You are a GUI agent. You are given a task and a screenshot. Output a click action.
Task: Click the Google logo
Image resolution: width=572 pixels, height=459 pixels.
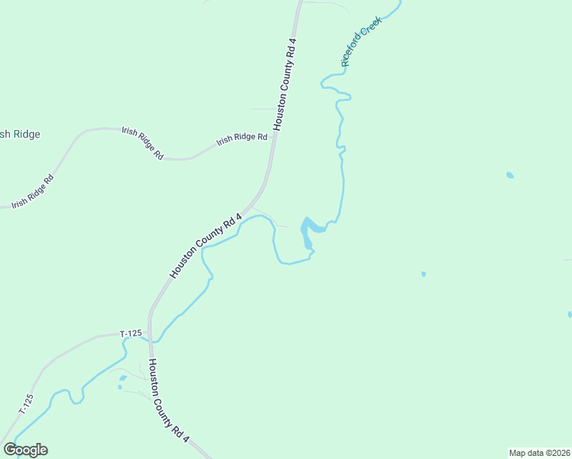25,450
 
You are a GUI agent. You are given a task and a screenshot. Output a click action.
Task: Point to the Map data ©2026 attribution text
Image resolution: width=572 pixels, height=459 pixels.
540,452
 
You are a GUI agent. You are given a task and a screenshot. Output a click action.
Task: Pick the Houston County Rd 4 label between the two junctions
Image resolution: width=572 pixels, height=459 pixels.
205,246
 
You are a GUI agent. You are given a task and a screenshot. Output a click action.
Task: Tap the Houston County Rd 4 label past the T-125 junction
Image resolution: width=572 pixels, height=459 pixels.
168,401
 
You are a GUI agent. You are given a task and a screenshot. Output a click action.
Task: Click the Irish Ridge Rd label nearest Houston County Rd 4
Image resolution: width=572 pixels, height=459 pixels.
242,139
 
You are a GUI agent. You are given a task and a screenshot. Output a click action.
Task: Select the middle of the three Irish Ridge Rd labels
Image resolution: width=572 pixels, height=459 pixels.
142,142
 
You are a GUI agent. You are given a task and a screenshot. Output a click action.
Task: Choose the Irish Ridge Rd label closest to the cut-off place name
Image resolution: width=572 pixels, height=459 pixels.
32,192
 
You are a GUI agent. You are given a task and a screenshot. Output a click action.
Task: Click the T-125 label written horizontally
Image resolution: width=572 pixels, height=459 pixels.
131,334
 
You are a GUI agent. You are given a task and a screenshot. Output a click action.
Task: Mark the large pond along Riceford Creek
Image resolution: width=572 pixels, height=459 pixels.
308,231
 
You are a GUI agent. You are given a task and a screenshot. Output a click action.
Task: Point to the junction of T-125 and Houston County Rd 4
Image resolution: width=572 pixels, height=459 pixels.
151,337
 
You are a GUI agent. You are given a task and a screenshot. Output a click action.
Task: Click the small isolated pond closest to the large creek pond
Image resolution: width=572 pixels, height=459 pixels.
423,273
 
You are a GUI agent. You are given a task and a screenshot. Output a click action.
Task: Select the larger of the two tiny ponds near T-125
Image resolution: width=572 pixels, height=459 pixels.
122,378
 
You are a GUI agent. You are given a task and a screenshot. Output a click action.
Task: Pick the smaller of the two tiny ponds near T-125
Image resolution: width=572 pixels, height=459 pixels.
120,387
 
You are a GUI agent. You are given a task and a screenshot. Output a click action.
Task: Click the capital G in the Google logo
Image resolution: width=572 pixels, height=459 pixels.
10,449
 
